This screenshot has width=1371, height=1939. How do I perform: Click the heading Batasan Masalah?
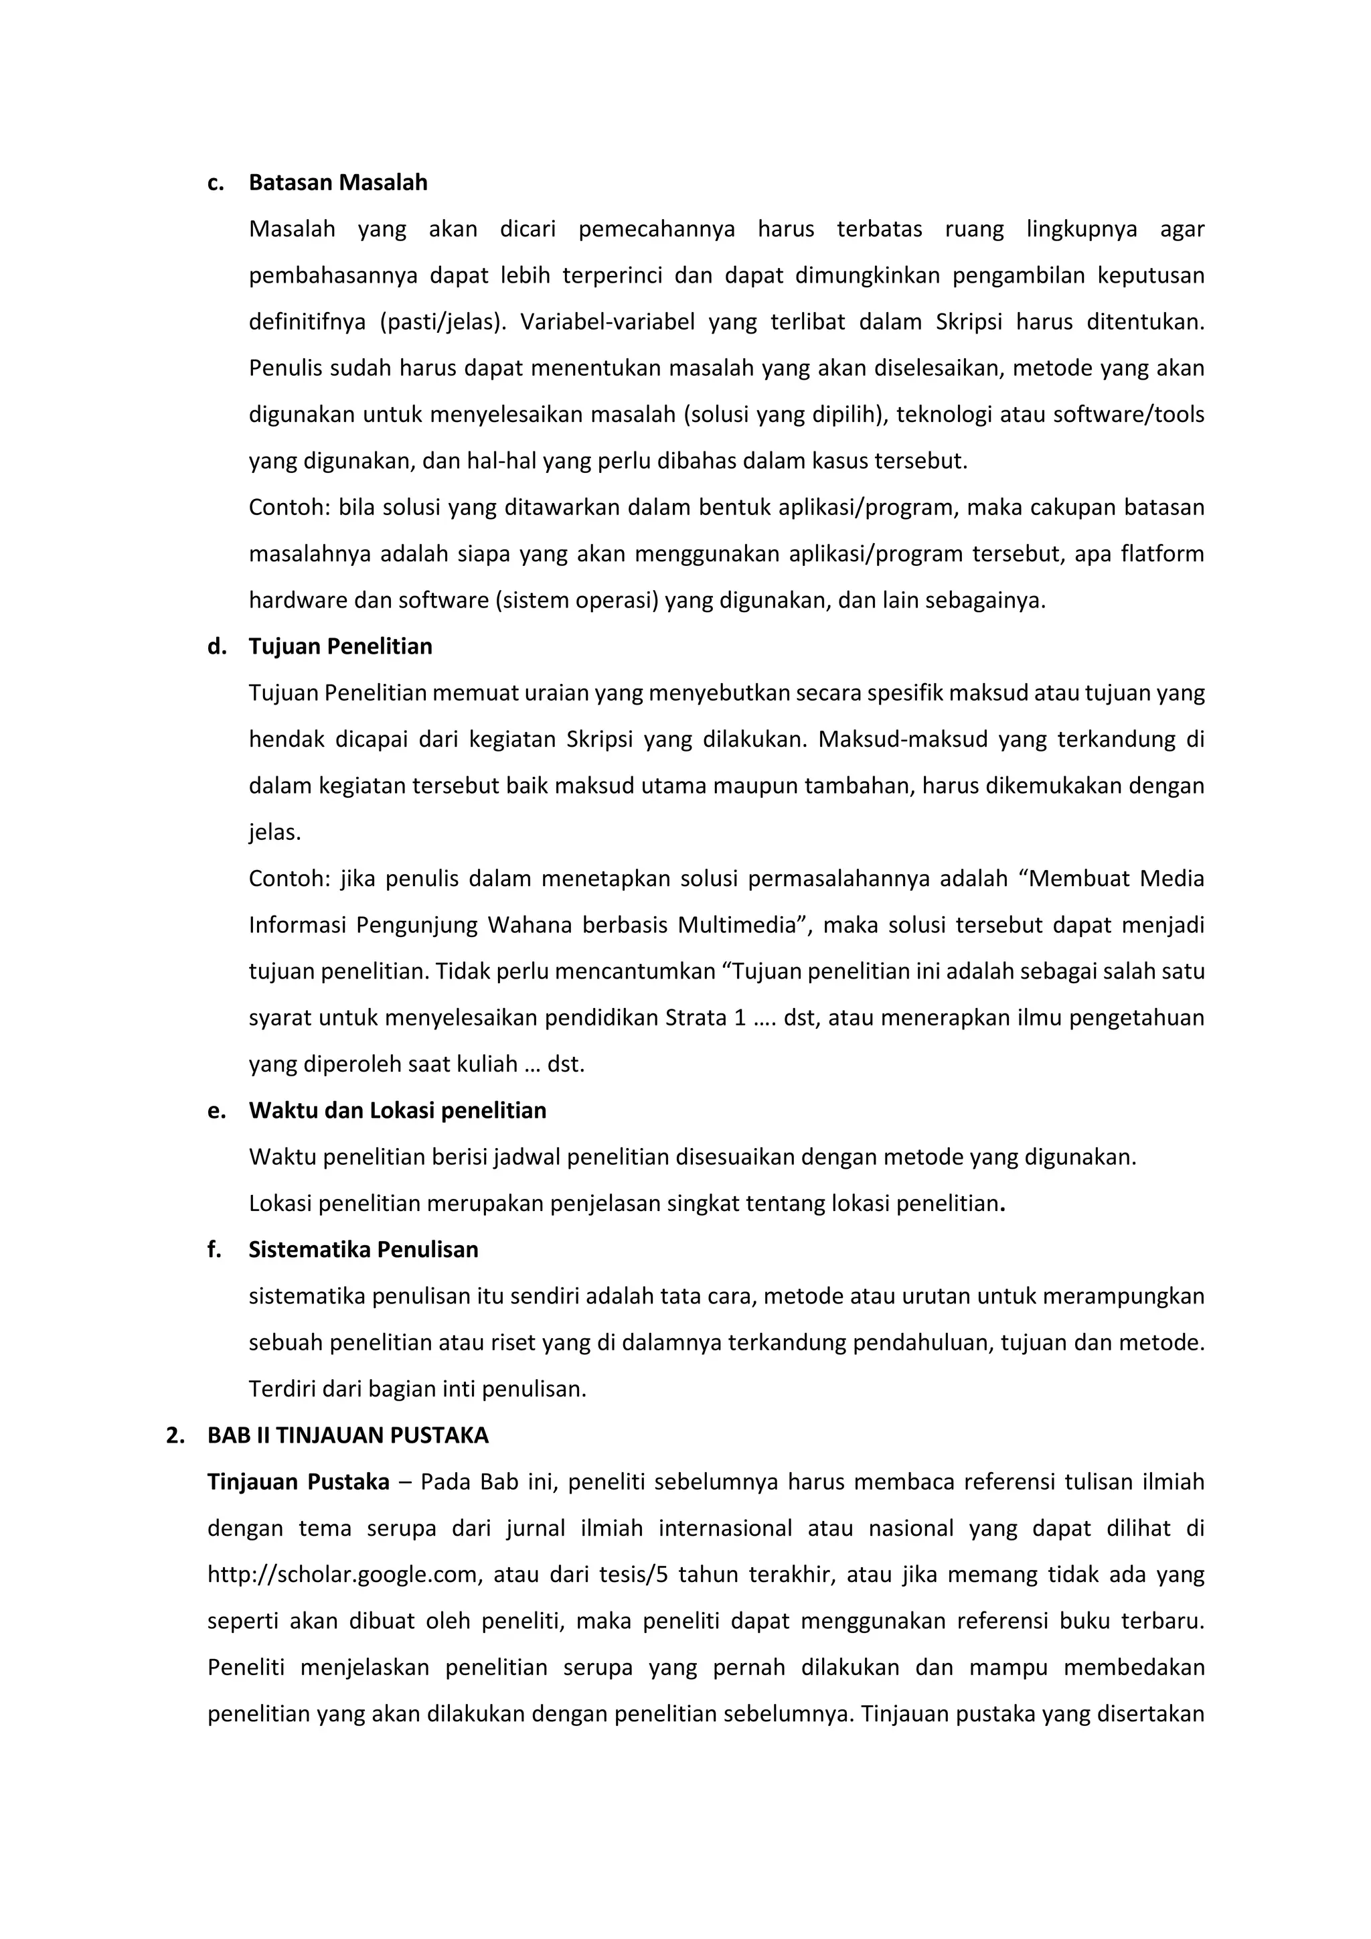coord(337,184)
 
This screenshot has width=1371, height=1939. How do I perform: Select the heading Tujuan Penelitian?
coord(340,647)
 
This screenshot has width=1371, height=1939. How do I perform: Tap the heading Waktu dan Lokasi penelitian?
coord(397,1110)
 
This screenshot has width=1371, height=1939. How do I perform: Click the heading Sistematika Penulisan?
coord(363,1250)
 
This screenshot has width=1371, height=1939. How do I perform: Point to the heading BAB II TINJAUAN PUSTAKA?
coord(348,1436)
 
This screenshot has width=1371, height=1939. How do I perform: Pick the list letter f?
coord(214,1250)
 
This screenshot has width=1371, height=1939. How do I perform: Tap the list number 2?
coord(175,1436)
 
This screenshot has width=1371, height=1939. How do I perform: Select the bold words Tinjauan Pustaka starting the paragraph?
coord(298,1482)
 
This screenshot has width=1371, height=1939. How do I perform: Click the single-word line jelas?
coord(274,833)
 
